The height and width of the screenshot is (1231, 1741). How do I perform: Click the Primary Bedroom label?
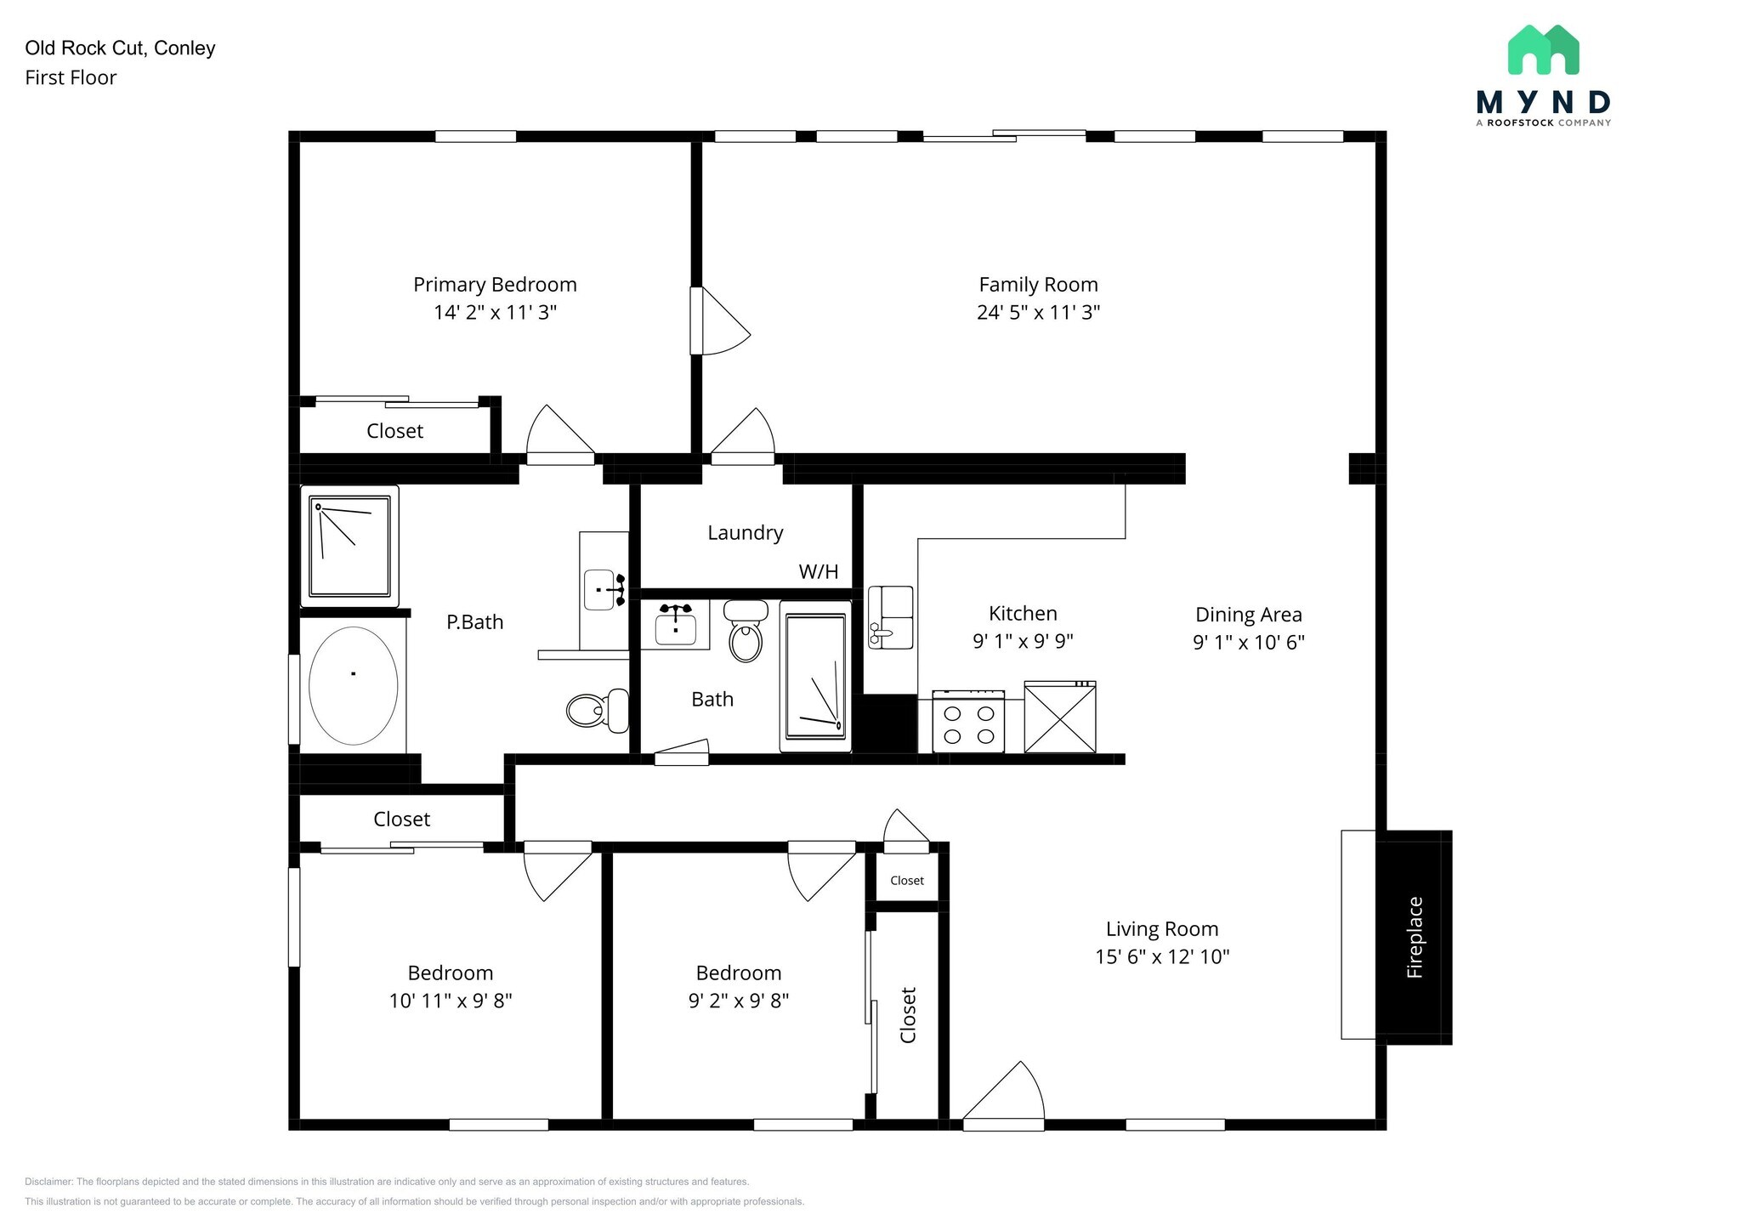[495, 285]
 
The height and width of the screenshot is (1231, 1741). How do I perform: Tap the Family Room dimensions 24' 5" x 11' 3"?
[1038, 312]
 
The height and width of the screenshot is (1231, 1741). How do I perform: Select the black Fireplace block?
[1414, 937]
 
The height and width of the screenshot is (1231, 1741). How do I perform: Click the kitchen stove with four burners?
[968, 721]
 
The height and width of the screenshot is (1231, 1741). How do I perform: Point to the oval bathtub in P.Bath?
[353, 685]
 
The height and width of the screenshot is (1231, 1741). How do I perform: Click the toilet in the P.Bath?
[598, 710]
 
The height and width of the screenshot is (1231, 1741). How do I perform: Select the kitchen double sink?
[890, 617]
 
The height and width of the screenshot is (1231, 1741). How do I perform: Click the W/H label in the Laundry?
[818, 571]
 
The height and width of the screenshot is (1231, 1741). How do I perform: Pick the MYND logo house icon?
[1543, 49]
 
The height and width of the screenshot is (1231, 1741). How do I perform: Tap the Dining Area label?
[1248, 615]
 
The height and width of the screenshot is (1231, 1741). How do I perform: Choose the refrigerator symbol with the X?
[1060, 718]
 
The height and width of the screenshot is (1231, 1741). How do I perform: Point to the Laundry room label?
[745, 533]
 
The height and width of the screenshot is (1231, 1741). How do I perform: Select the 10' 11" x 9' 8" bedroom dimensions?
[451, 1001]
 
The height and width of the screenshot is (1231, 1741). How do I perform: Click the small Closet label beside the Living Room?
[907, 881]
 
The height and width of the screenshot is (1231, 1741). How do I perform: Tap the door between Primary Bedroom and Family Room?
[718, 321]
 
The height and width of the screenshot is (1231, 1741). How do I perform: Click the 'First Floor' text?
[71, 77]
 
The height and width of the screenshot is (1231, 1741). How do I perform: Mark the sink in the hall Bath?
[676, 625]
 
